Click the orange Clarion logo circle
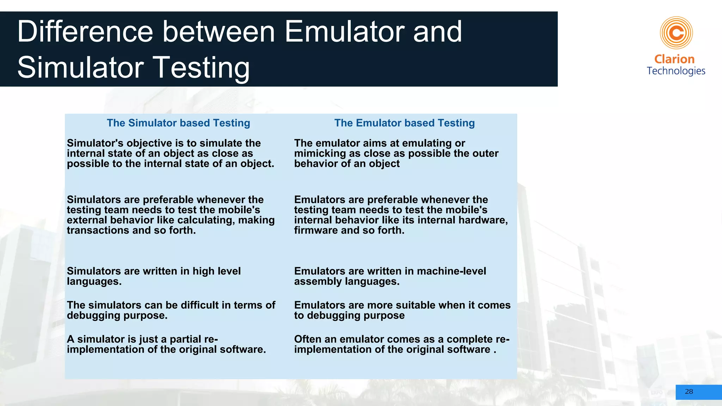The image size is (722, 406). [676, 33]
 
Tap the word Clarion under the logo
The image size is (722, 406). [674, 59]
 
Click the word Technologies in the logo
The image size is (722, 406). [676, 71]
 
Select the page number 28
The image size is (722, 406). [689, 392]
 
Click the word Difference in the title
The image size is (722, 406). [85, 32]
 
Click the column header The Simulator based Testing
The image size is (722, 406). [178, 123]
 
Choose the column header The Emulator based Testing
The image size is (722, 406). [404, 123]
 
